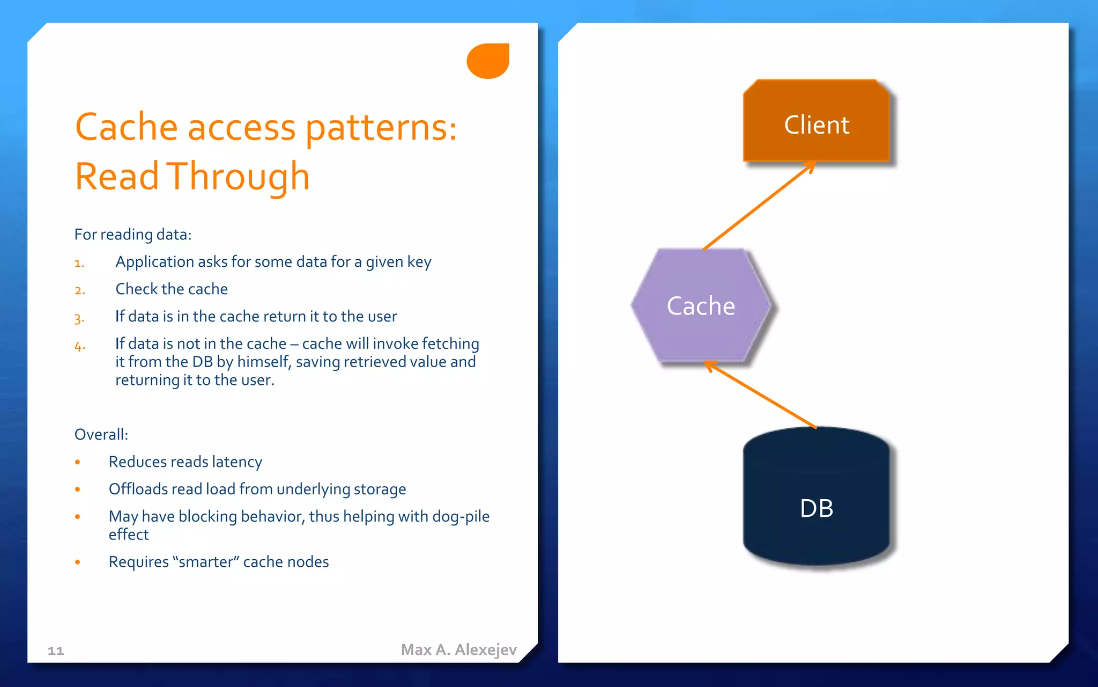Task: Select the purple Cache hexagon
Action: coord(700,306)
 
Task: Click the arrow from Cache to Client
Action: coord(759,206)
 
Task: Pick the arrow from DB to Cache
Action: coord(761,395)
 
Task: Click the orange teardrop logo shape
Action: coord(488,61)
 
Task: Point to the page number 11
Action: coord(56,651)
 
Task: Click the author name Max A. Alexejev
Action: coord(458,649)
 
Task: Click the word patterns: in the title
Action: coord(381,128)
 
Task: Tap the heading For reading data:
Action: coord(132,235)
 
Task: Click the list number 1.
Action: coord(79,263)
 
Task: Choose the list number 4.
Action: coord(79,346)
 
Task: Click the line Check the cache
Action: coord(172,289)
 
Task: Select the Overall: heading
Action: coord(101,434)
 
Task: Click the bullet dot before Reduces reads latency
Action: coord(78,462)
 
